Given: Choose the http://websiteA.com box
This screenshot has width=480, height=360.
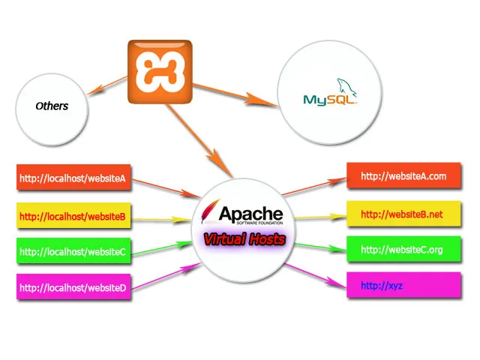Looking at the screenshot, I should (403, 177).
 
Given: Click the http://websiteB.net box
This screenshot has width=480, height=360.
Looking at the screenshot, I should (403, 214).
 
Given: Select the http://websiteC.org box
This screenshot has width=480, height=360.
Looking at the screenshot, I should (403, 250).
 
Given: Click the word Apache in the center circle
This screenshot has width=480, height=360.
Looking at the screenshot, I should (250, 213).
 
